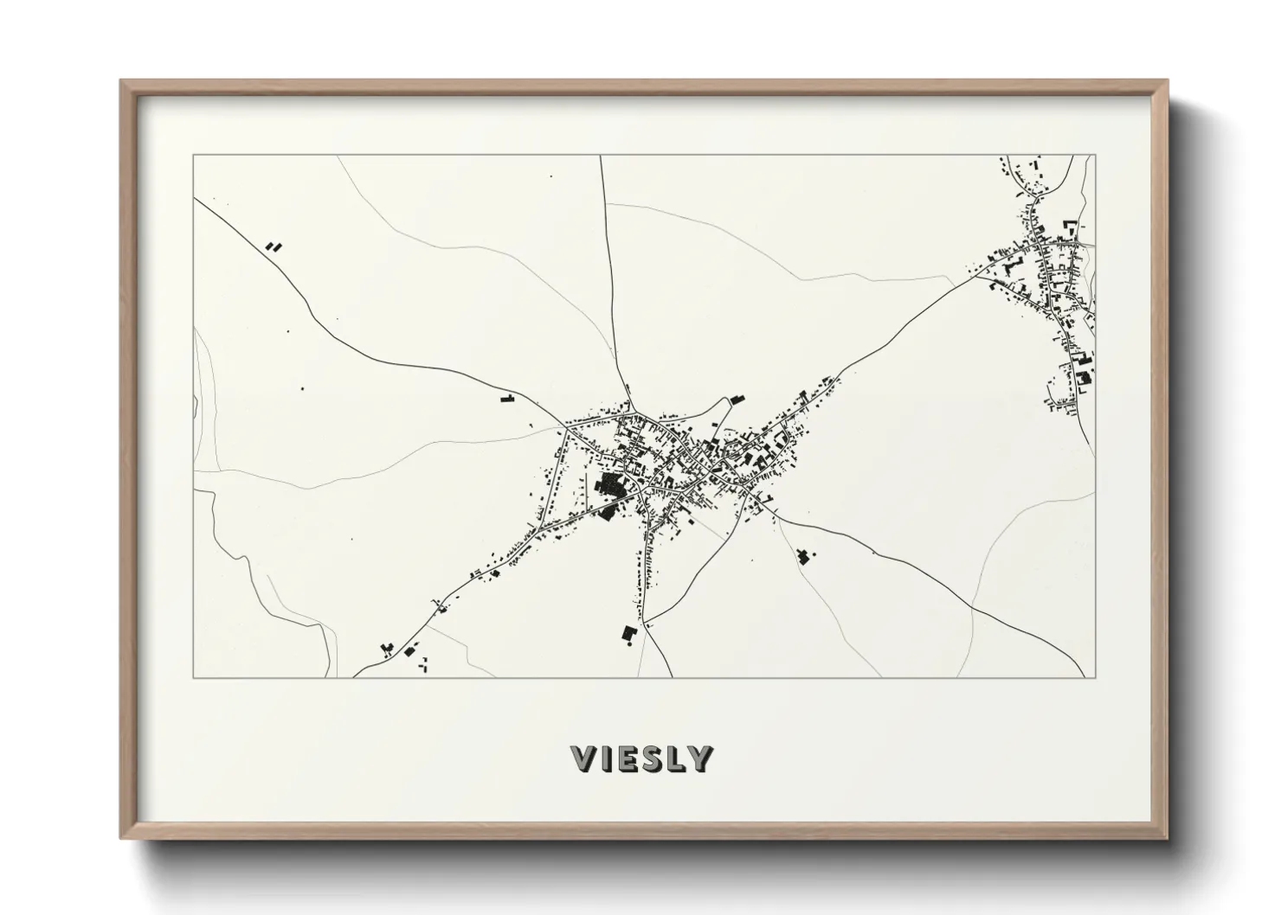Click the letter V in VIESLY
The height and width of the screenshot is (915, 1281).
coord(584,758)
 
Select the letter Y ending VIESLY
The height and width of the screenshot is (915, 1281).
coord(700,758)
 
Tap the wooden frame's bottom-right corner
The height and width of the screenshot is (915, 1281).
coord(1167,837)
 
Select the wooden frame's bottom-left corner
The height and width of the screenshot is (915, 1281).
coord(122,837)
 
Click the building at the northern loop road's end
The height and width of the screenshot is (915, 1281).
coord(737,399)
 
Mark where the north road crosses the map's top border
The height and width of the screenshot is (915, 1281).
coord(601,156)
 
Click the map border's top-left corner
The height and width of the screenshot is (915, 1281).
coord(194,156)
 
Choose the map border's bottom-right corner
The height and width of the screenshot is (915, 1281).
coord(1096,677)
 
